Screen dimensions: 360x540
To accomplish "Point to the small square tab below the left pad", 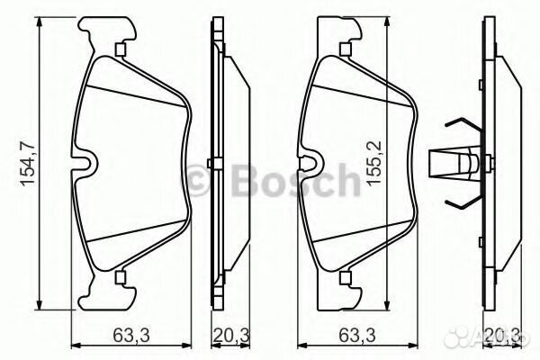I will [121, 276].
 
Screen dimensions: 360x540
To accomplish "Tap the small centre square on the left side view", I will [209, 163].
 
